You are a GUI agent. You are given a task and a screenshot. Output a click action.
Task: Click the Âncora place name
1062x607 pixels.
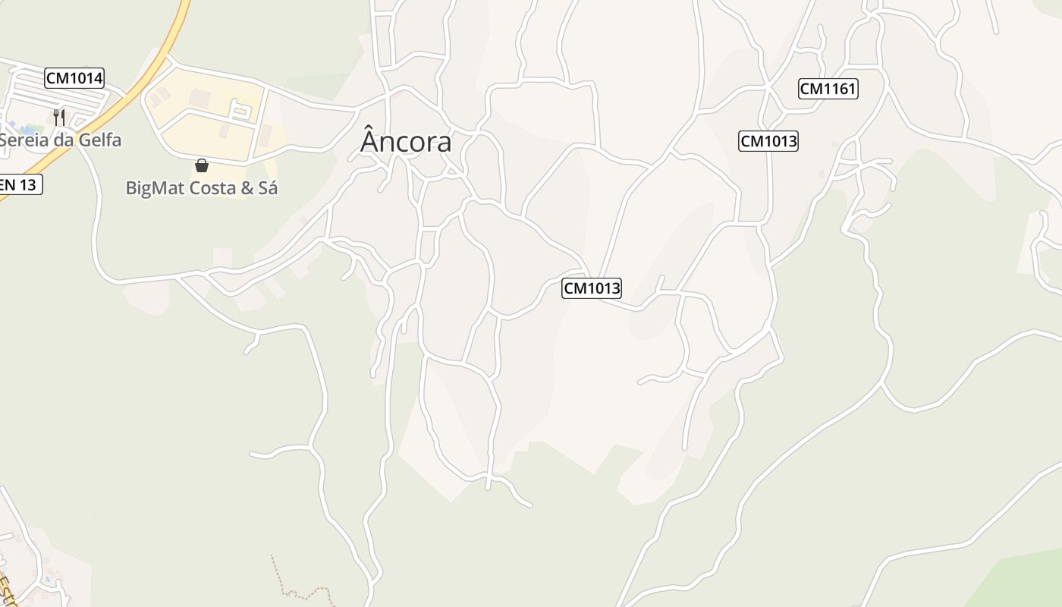coord(406,142)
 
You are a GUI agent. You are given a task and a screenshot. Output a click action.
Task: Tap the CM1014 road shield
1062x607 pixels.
coord(74,77)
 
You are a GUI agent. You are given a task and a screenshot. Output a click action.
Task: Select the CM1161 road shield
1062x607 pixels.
coord(828,89)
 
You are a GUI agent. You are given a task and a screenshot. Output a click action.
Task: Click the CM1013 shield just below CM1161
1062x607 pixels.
coord(768,141)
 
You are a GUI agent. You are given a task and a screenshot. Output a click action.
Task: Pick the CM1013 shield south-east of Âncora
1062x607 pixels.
coord(592,288)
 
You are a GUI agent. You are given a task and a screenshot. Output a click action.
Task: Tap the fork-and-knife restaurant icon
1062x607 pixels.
coord(59,117)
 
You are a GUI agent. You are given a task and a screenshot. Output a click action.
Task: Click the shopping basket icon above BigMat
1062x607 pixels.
coord(202,165)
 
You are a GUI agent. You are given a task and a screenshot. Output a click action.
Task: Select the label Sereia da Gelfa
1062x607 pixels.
coord(61,140)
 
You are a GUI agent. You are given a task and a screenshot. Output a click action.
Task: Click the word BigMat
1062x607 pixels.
coord(154,188)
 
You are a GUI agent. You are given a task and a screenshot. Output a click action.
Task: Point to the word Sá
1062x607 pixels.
coord(268,187)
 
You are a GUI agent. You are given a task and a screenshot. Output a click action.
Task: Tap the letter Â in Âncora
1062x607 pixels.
coord(369,141)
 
